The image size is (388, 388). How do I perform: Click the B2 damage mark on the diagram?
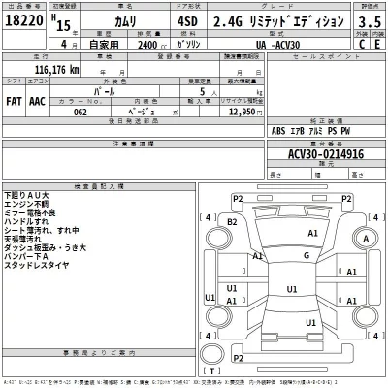coord(232,222)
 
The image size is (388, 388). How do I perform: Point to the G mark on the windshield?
coord(306,255)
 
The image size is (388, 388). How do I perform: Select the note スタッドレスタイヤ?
coord(36,265)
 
